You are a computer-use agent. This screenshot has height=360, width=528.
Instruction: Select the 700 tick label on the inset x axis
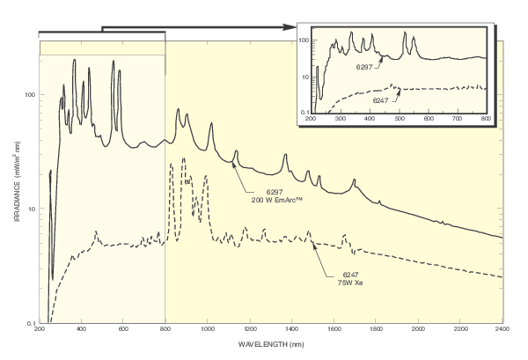click(x=458, y=118)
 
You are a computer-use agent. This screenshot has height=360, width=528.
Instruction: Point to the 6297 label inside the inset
click(x=365, y=67)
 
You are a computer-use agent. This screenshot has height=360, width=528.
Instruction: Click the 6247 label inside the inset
click(x=381, y=100)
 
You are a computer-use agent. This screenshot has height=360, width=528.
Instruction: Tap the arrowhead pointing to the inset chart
click(x=290, y=28)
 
